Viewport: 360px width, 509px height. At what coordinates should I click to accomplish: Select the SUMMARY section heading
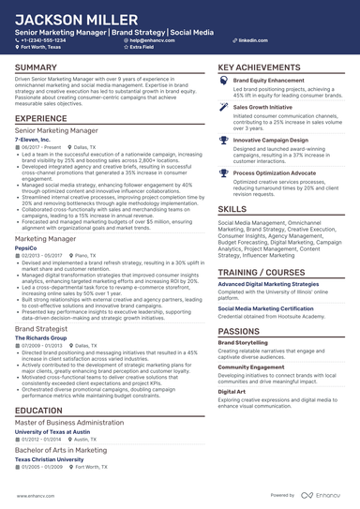point(36,68)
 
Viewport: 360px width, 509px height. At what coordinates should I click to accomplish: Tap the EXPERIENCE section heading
point(41,119)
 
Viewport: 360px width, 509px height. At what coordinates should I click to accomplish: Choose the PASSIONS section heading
point(239,332)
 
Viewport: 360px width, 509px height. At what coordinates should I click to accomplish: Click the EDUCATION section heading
point(40,411)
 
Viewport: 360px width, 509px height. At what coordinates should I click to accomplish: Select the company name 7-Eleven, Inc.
point(33,139)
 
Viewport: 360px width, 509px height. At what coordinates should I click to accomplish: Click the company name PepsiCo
point(27,248)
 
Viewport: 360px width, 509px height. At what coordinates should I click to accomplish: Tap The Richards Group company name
point(40,336)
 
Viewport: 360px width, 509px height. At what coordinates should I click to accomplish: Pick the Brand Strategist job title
point(41,327)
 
